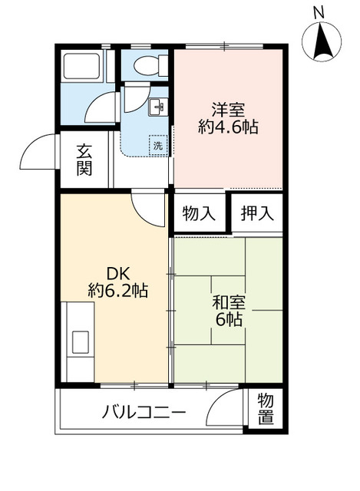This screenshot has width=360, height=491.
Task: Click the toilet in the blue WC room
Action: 151,65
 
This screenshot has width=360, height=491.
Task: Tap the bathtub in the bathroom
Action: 81,66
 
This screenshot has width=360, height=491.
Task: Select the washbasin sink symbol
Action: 158,107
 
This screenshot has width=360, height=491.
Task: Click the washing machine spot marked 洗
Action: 158,145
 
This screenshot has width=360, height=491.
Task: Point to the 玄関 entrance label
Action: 84,160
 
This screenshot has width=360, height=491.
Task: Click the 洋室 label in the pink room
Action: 228,110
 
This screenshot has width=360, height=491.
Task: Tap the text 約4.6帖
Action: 228,127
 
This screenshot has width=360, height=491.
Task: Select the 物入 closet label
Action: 200,213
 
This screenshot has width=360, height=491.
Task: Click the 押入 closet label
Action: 257,213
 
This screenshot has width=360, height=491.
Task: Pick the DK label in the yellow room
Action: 118,274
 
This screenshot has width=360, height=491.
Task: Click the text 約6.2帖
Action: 118,290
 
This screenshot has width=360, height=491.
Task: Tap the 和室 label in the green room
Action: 229,302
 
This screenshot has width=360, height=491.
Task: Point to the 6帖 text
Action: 229,320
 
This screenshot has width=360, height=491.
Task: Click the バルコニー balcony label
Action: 144,412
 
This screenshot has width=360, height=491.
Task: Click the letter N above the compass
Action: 319,13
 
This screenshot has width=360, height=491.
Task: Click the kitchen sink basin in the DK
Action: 81,342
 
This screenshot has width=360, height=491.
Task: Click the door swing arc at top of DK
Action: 144,214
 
